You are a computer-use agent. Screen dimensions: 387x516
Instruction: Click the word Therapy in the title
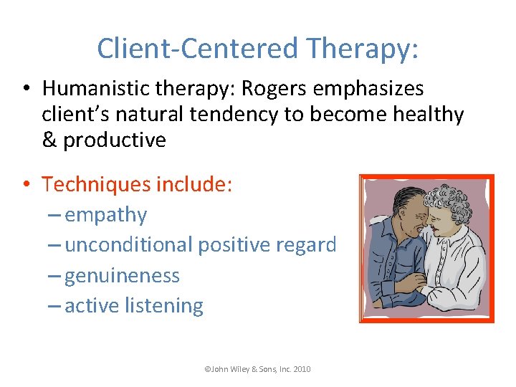(362, 49)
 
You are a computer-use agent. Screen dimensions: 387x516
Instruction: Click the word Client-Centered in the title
(197, 49)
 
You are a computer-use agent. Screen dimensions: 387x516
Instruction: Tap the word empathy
(106, 215)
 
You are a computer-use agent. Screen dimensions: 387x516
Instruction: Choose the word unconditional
(129, 245)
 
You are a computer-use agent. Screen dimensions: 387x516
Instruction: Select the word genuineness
(123, 275)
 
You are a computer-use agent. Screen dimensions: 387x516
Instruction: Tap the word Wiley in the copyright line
(240, 369)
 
